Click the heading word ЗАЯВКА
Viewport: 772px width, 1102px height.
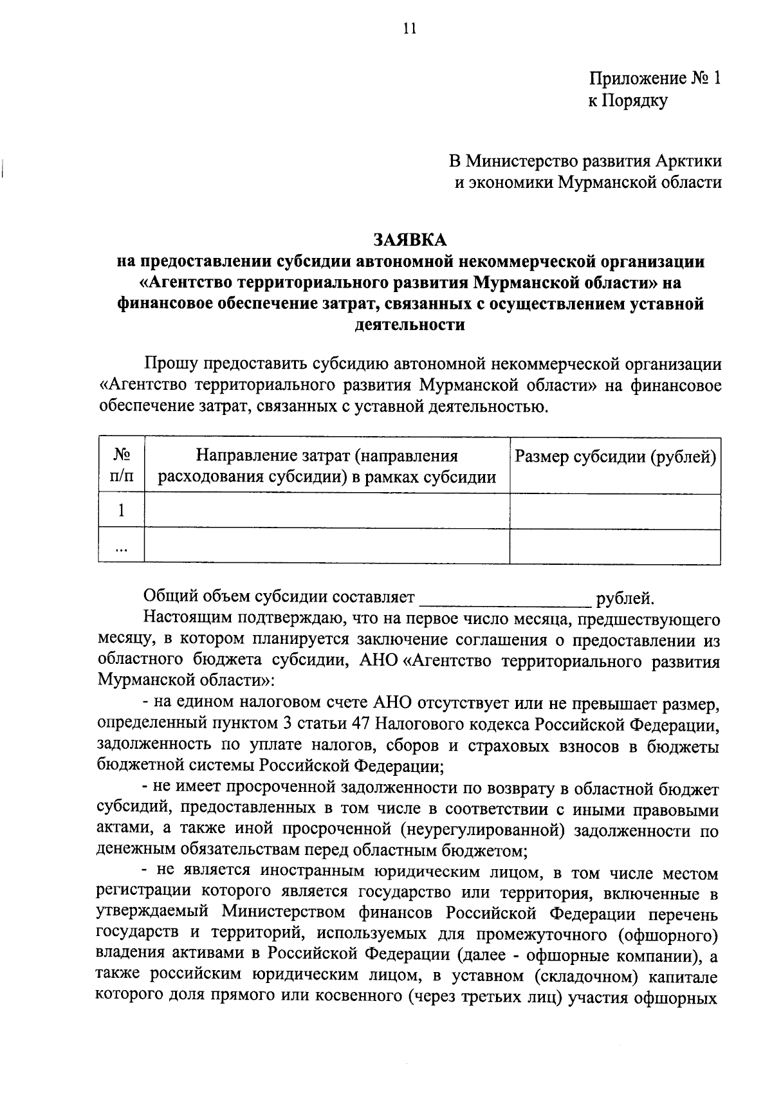point(410,240)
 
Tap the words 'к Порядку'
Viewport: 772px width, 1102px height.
point(628,100)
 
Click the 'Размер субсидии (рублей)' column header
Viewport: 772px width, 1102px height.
point(615,457)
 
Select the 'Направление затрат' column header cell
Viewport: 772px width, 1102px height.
point(327,466)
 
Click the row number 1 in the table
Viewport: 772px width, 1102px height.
point(121,510)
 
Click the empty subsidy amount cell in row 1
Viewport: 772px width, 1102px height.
point(615,510)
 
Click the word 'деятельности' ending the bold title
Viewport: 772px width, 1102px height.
point(410,324)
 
